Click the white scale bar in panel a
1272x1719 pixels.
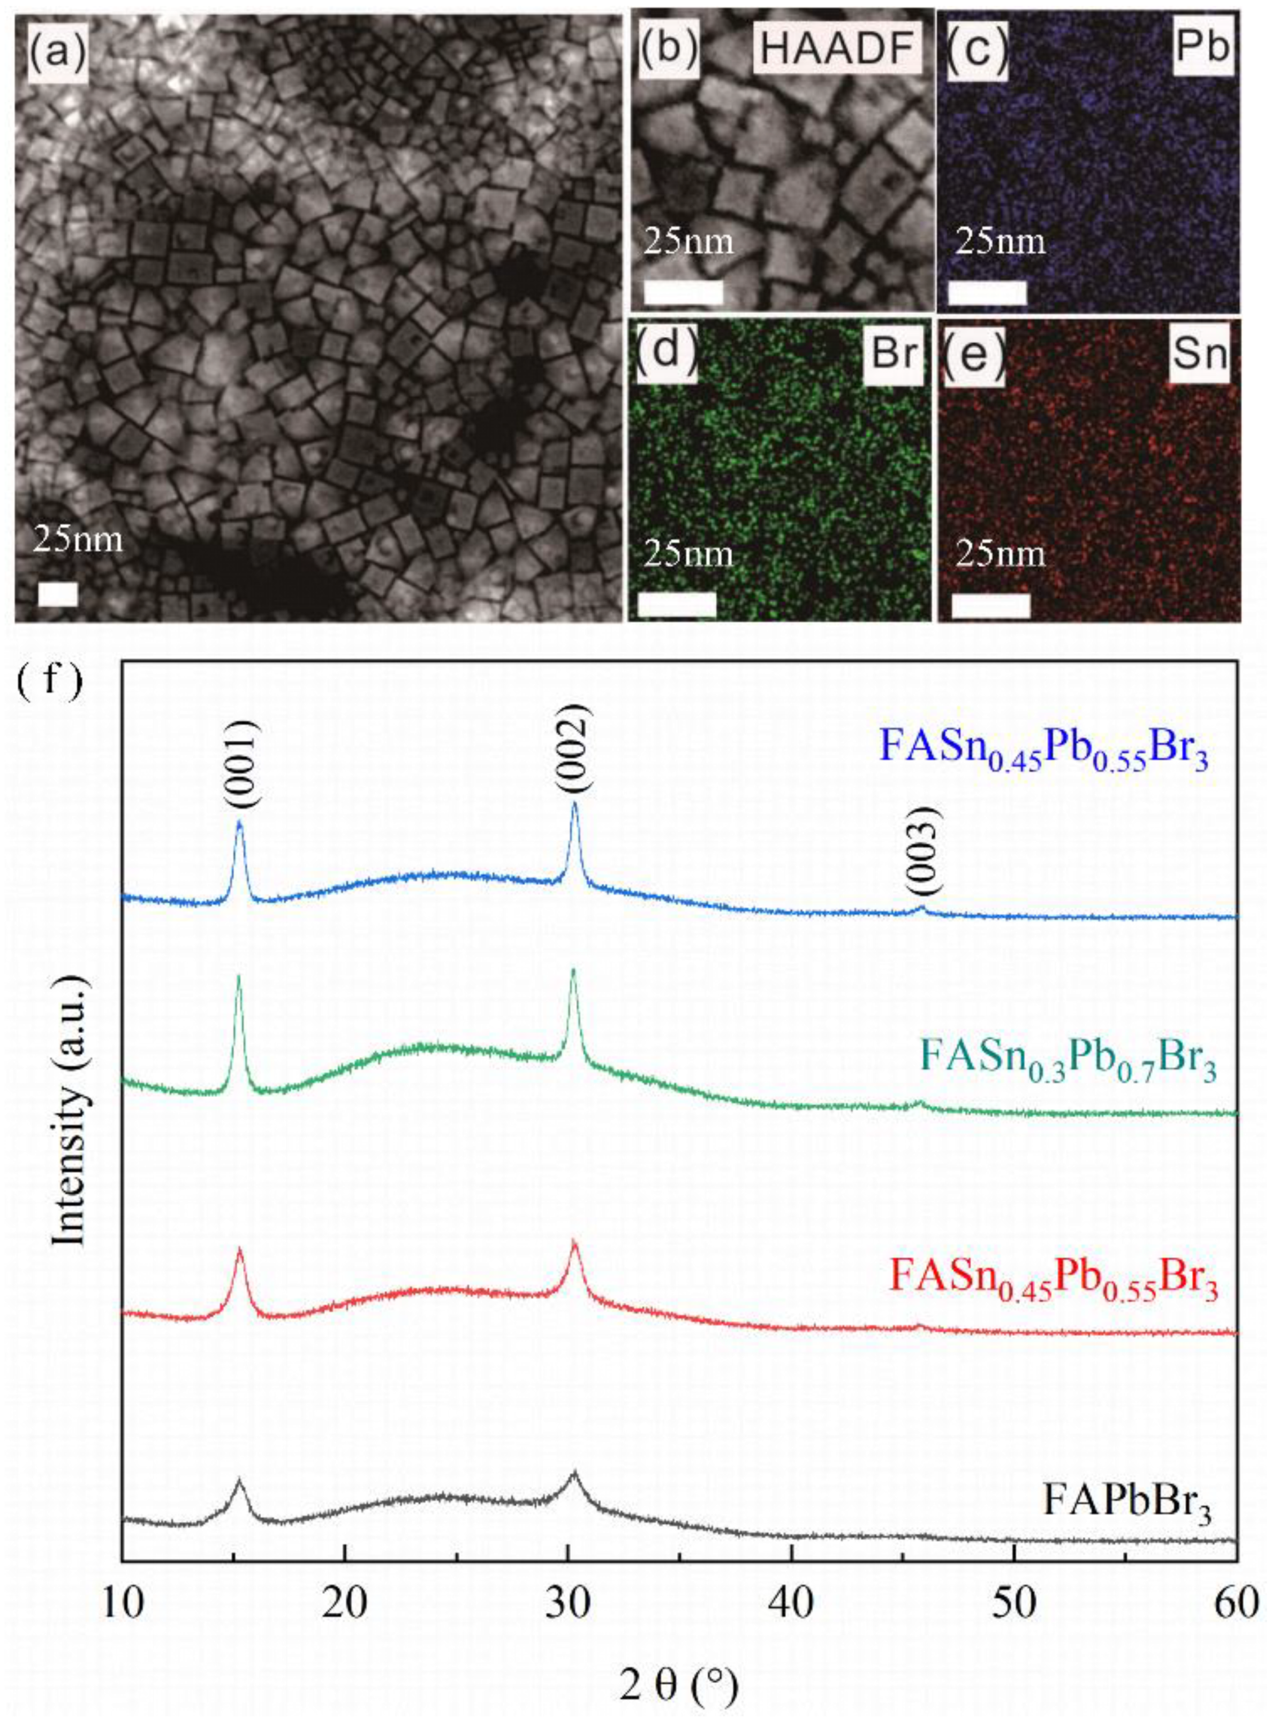click(58, 593)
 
